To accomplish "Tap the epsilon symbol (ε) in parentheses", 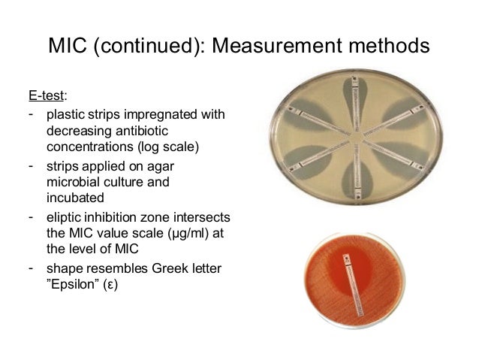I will (111, 283).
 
